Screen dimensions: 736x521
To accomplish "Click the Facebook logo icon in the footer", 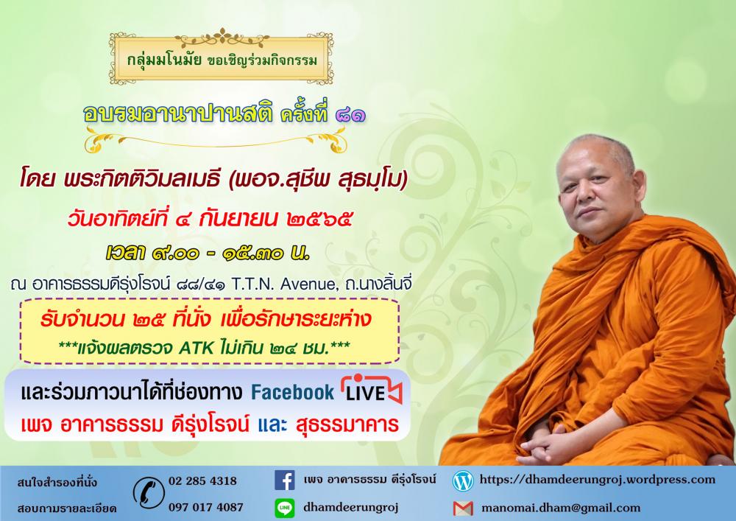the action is (x=284, y=480).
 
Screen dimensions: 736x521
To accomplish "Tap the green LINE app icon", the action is (x=284, y=508).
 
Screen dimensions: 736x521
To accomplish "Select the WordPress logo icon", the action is (x=463, y=481).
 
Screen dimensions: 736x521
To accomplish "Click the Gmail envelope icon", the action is (x=463, y=508).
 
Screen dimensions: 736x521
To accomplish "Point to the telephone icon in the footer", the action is (x=149, y=493).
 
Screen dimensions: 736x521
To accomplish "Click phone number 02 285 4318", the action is (x=202, y=481).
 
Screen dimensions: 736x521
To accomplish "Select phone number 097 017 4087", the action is (x=205, y=508).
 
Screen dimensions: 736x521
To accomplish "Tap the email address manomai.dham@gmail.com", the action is (x=561, y=508).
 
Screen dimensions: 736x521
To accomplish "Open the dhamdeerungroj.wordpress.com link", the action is (x=597, y=480).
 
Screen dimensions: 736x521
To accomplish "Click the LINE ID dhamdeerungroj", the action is (x=350, y=508).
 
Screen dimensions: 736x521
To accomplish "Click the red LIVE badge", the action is (x=372, y=389).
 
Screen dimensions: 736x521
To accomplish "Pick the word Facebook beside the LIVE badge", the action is (x=292, y=392).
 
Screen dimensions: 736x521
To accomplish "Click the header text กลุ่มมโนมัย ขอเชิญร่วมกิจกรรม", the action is (x=222, y=60).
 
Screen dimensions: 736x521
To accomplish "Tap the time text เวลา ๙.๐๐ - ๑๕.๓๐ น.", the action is (x=208, y=253).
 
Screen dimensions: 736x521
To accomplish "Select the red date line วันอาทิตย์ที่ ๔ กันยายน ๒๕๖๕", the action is (x=209, y=220).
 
